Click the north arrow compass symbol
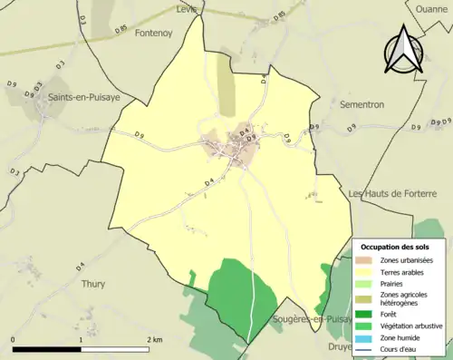tap(402, 49)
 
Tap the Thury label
tap(94, 283)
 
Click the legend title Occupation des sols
tap(396, 247)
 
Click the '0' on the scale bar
tap(14, 339)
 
